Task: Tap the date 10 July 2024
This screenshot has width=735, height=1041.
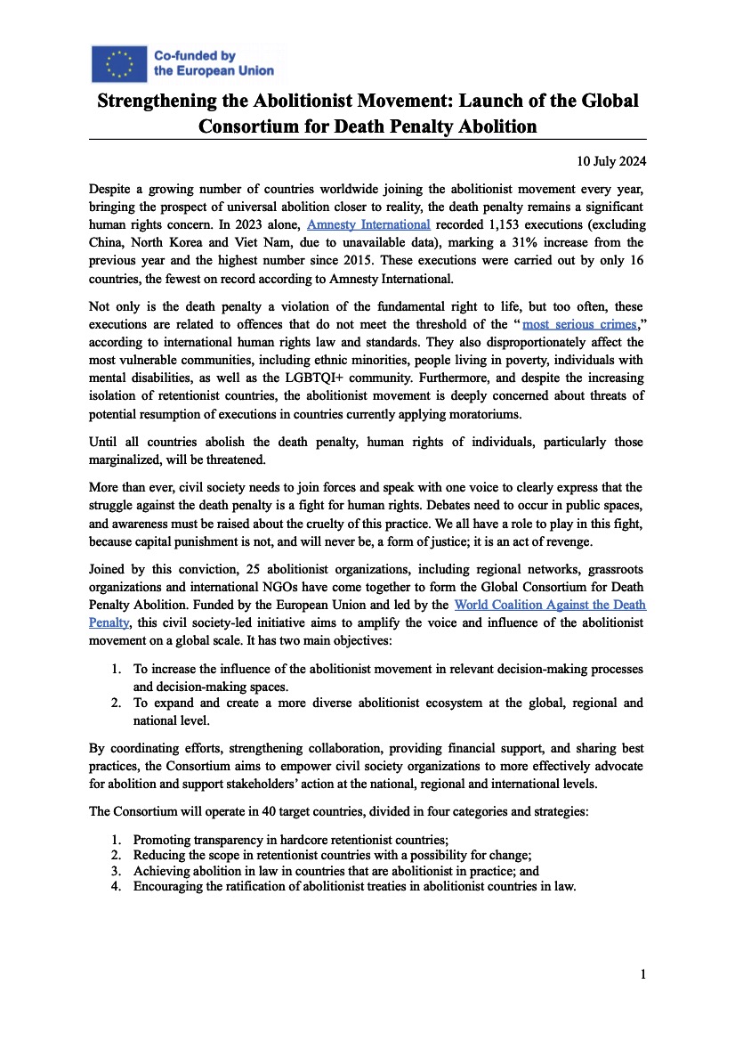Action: pos(600,161)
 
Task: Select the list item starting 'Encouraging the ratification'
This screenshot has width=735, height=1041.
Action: pos(354,886)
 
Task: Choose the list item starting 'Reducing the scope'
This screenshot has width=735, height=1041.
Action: pos(332,855)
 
